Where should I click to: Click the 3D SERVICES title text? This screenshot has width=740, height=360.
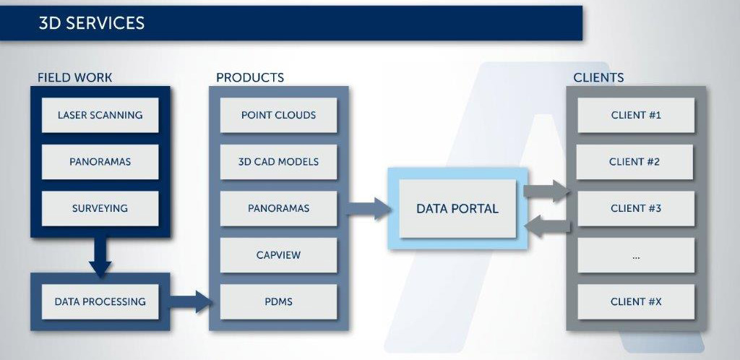(92, 23)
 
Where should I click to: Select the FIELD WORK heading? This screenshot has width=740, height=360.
(75, 77)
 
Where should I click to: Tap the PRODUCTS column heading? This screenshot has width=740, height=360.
(250, 77)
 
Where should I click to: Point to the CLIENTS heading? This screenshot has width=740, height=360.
(598, 77)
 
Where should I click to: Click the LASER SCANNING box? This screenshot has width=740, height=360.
(100, 115)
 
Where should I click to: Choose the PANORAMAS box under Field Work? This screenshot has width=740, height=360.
(100, 162)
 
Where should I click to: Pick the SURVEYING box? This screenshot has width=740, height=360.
(100, 208)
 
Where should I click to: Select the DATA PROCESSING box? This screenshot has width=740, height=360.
(100, 301)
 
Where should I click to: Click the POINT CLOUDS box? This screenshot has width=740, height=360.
(278, 115)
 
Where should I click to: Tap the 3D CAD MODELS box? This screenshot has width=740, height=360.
(278, 162)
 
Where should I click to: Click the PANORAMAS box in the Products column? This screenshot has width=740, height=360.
(278, 208)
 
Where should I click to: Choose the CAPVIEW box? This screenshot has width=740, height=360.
(278, 255)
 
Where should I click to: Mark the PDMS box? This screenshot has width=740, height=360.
(278, 301)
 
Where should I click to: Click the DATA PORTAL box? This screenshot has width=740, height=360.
(457, 208)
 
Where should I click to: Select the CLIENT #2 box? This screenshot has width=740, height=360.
(634, 162)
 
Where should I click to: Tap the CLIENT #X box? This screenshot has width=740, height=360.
(636, 301)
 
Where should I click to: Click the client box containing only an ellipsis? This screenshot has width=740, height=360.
(636, 255)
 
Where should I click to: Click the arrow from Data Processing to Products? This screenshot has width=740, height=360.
(190, 301)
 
